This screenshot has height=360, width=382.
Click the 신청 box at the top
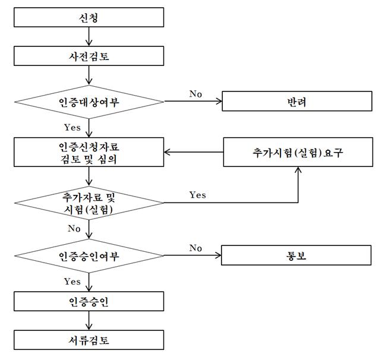coord(89,17)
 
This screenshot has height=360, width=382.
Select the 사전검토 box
coord(89,56)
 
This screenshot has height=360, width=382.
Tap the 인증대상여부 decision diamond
coord(89,102)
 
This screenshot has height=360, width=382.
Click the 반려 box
coord(297,101)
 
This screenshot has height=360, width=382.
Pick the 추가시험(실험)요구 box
coord(298,152)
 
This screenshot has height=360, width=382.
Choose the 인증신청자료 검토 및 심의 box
coord(89,152)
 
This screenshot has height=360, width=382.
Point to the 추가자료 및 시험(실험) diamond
coord(89,203)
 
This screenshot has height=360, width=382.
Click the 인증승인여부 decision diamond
coord(89,256)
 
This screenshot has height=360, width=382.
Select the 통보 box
coord(296,255)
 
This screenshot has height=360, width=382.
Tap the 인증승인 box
coord(89,301)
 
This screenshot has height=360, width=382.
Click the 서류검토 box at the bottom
coord(89,340)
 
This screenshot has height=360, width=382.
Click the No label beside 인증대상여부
coord(195,94)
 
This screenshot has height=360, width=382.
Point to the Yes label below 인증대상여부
coord(72,127)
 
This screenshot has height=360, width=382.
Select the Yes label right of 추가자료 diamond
coord(198,195)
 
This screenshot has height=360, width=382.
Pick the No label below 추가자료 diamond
coord(74,229)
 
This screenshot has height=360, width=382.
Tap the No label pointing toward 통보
coord(195,248)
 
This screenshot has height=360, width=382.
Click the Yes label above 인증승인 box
coord(72,282)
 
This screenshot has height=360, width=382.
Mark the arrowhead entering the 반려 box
coord(219,101)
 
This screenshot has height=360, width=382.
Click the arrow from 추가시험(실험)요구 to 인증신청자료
coord(194,152)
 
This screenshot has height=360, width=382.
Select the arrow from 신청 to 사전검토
coord(89,37)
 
